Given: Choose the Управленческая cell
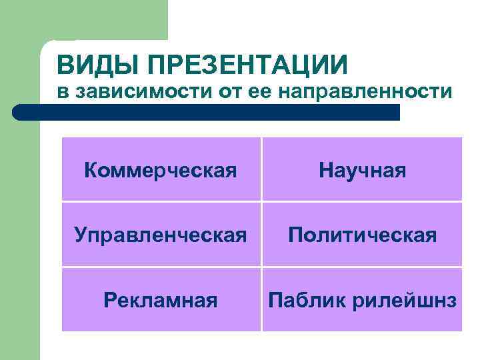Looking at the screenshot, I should (161, 235).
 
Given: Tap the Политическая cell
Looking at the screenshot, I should (362, 235).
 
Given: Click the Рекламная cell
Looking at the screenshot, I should (161, 300).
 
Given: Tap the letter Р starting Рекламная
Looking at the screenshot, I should (109, 300).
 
